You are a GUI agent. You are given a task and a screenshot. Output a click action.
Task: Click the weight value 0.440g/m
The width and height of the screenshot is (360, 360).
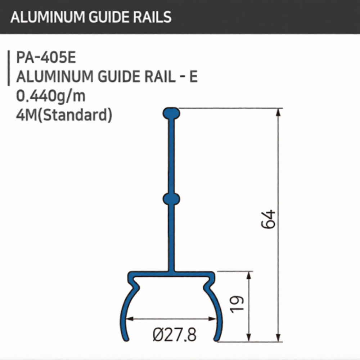coord(51,96)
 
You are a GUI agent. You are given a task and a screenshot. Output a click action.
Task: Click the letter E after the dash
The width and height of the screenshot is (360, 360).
coord(193,77)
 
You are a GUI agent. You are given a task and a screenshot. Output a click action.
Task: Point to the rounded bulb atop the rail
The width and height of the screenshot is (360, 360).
coord(171,113)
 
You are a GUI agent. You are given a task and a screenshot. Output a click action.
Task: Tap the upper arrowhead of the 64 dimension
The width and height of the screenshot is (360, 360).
coord(278,113)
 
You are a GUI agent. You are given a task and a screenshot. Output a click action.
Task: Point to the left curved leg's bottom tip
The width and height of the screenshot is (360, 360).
coord(127,339)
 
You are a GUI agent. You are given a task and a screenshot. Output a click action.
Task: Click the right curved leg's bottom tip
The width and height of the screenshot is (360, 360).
coord(216,339)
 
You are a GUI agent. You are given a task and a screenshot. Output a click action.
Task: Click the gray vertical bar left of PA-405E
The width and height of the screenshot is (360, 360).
coord(8,68)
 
